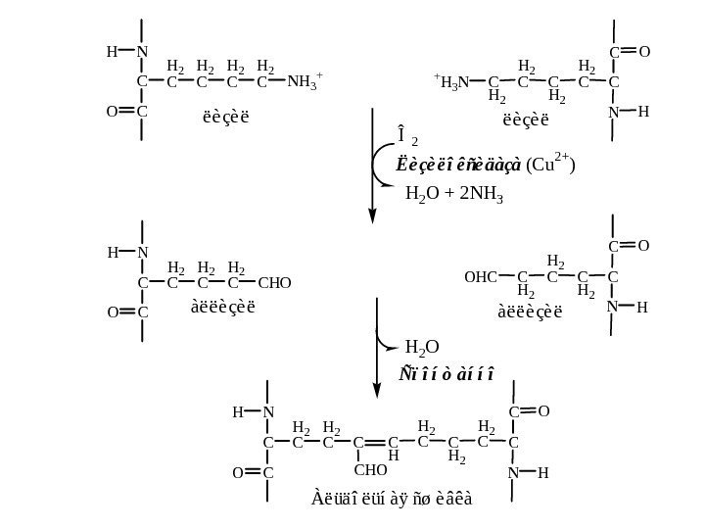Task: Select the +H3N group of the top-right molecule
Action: point(451,82)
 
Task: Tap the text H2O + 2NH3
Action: point(453,194)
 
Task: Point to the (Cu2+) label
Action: point(550,162)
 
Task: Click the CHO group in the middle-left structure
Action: point(274,284)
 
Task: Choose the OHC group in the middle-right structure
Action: point(481,277)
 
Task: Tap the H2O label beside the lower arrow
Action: point(422,347)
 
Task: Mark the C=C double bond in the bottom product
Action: point(376,444)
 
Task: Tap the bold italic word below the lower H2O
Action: point(446,374)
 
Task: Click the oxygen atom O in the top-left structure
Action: point(112,112)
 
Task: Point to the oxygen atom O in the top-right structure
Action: point(644,51)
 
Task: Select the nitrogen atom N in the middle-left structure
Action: point(143,253)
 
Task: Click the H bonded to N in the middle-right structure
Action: point(642,307)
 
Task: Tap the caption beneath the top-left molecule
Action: point(225,119)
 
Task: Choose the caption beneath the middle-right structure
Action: point(530,313)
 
